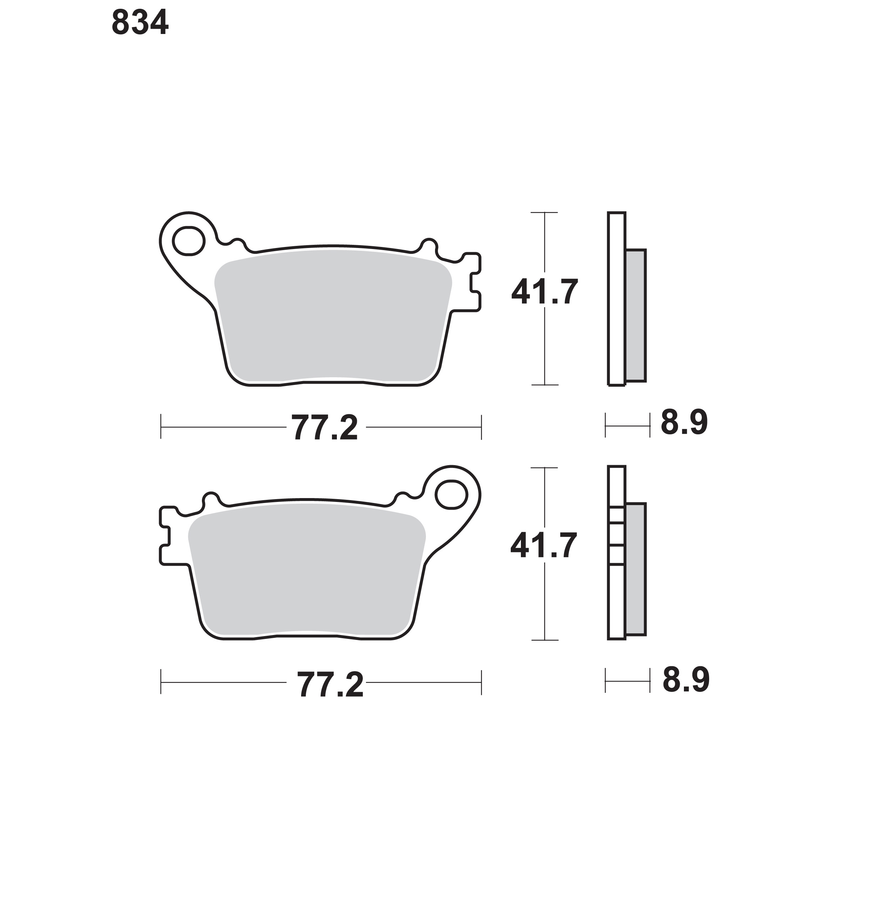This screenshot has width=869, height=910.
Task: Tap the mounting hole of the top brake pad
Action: pyautogui.click(x=189, y=241)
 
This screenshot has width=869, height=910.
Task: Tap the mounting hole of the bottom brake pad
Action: pyautogui.click(x=451, y=495)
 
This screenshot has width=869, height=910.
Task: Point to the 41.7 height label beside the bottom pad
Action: pyautogui.click(x=543, y=545)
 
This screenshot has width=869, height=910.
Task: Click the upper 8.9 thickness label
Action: pyautogui.click(x=684, y=422)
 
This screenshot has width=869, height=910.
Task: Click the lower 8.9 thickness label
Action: pyautogui.click(x=686, y=680)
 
